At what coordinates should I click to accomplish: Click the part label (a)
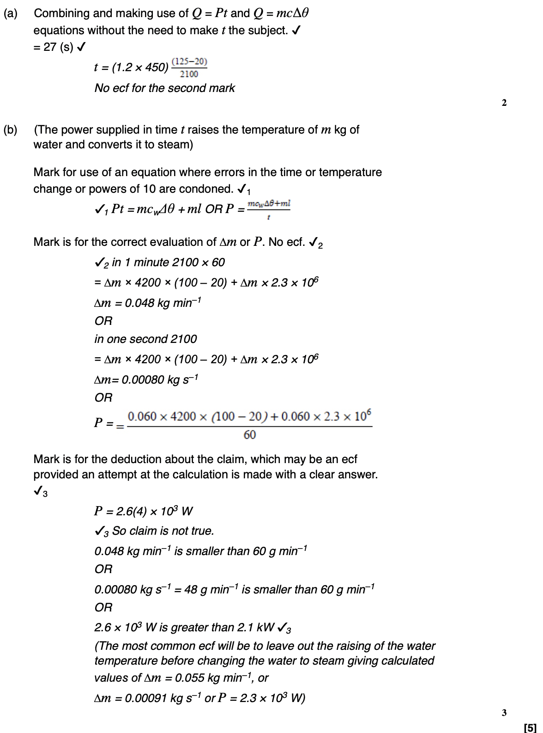[x=10, y=13]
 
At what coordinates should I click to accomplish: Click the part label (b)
[x=10, y=130]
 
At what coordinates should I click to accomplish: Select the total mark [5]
[x=530, y=727]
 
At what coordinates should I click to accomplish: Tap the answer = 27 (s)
[x=54, y=47]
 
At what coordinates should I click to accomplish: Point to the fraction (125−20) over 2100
[x=189, y=68]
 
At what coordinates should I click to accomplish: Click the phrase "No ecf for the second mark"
[x=164, y=88]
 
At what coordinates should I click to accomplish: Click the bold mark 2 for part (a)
[x=504, y=103]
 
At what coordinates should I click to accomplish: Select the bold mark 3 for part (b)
[x=504, y=712]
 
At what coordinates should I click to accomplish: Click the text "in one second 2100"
[x=145, y=339]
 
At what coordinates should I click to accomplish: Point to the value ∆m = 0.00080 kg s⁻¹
[x=146, y=380]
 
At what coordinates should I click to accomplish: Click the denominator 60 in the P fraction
[x=249, y=435]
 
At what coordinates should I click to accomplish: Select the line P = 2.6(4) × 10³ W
[x=143, y=511]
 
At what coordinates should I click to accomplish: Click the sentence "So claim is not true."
[x=163, y=531]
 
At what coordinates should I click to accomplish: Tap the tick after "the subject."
[x=297, y=31]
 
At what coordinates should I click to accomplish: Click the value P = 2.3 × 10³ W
[x=261, y=698]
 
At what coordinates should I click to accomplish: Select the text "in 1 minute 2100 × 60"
[x=168, y=263]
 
